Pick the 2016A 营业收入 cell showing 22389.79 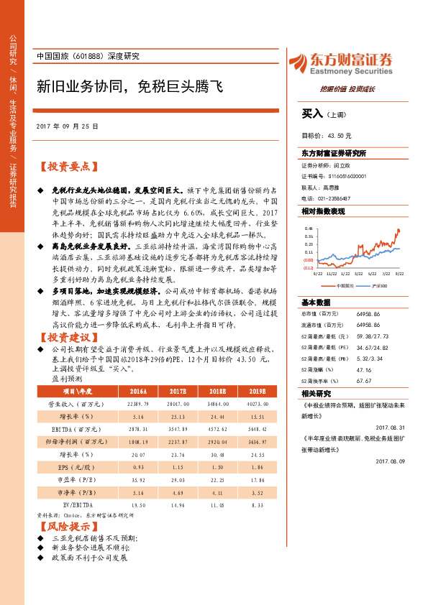(x=117, y=405)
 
